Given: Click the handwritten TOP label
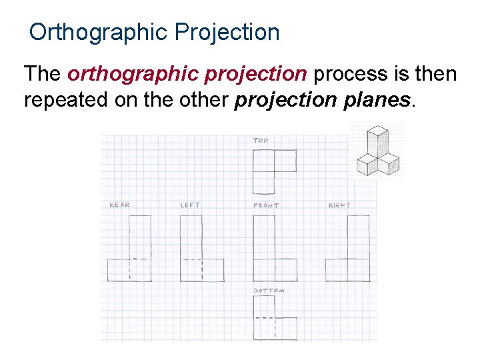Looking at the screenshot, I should pos(261,141).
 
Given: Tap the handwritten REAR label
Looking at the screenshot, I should pos(120,205).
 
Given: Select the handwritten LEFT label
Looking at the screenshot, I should pos(191,205).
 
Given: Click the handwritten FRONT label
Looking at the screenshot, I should pos(266,205).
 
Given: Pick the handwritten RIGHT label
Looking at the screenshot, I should pos(339,205).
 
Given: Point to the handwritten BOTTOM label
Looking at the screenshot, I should pos(269,291).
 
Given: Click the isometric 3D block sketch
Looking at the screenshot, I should pos(377,152).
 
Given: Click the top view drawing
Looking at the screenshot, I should pos(274,171).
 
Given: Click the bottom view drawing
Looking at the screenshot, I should pos(274,317).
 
